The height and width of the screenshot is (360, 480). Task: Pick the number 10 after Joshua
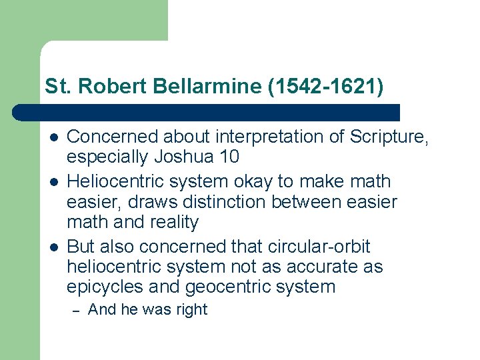(x=229, y=157)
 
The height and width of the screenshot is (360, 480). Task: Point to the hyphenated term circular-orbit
(x=313, y=246)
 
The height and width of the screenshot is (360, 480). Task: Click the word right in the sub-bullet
(x=190, y=309)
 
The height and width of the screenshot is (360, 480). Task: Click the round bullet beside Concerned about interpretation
(x=53, y=137)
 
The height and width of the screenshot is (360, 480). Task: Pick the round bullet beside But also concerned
(x=53, y=247)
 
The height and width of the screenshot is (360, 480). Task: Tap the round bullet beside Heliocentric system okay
(x=53, y=182)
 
